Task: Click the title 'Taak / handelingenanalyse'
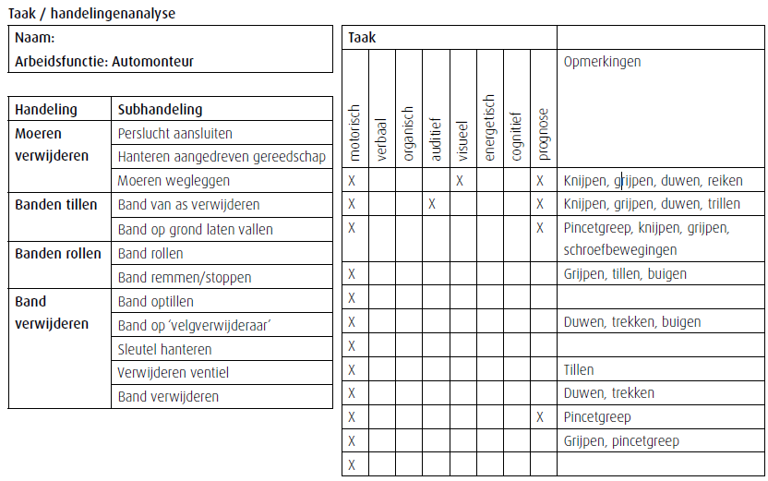click(x=91, y=14)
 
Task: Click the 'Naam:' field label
click(x=34, y=38)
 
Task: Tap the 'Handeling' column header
click(x=46, y=109)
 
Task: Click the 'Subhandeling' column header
click(x=160, y=109)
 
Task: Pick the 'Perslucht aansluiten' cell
click(x=175, y=133)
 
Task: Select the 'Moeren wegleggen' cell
click(x=174, y=181)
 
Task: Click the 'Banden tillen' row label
click(x=55, y=205)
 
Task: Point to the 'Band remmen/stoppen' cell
click(x=185, y=277)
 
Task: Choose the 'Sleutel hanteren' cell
click(x=164, y=349)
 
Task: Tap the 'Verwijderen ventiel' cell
click(x=174, y=373)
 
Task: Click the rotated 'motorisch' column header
click(x=355, y=133)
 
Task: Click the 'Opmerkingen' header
click(x=602, y=62)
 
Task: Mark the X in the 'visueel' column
click(x=459, y=181)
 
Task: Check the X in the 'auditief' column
click(x=432, y=204)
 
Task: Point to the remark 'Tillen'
click(x=579, y=370)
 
